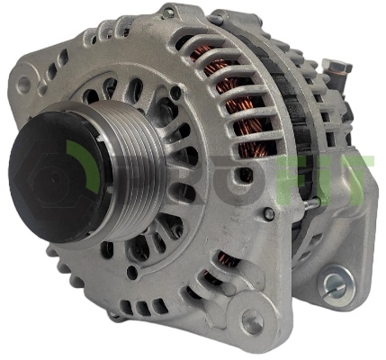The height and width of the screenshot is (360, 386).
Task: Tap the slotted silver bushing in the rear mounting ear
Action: pyautogui.click(x=337, y=284)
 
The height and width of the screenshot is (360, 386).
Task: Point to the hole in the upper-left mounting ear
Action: pyautogui.click(x=24, y=83)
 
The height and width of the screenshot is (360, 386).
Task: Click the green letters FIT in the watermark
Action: pyautogui.click(x=326, y=180)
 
